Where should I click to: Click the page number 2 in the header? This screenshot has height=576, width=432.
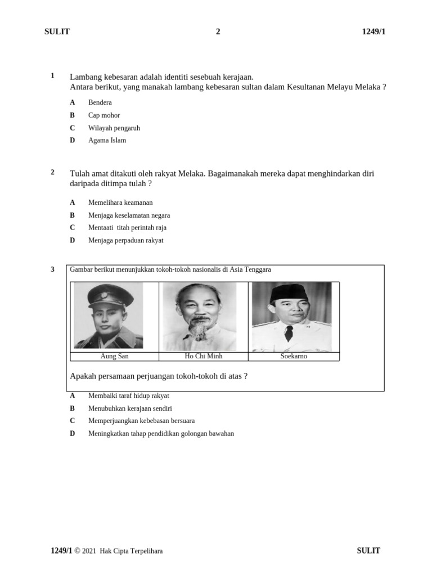coord(218,31)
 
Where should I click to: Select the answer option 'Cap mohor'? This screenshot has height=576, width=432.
coord(103,115)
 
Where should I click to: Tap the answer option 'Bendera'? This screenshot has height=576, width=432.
coord(100,102)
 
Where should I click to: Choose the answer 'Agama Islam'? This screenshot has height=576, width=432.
coord(107,141)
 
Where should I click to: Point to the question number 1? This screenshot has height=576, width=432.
coord(52,76)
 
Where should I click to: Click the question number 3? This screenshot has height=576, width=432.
coord(52,269)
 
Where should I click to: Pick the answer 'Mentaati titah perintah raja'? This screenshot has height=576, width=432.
coord(127,228)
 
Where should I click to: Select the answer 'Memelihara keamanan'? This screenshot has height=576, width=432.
coord(120,202)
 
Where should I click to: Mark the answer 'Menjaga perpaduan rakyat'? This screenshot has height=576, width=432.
coord(125,241)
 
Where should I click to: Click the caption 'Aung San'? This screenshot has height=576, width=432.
coord(114,357)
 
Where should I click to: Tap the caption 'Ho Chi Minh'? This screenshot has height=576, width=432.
coord(203,357)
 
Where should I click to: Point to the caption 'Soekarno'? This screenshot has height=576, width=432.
coord(294,357)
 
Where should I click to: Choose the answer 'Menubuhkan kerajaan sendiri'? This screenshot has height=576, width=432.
coord(130,408)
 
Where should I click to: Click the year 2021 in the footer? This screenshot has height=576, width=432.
coord(89,551)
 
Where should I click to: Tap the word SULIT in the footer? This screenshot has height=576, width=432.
coord(368,551)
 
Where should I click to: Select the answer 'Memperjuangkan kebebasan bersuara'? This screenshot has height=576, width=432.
coord(141,421)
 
